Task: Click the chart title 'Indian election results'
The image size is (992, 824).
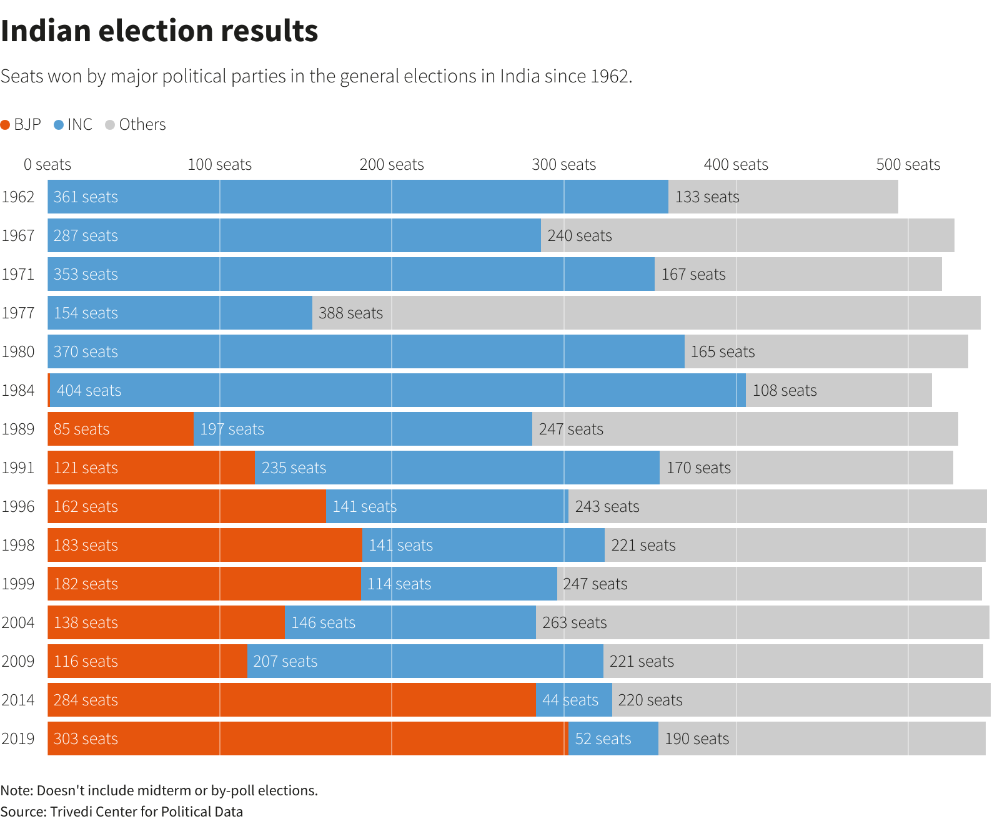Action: [159, 31]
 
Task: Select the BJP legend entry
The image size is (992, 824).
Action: [21, 124]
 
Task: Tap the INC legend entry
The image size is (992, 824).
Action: [74, 124]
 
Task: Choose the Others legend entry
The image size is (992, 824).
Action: [136, 124]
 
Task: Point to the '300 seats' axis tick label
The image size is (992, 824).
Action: [563, 164]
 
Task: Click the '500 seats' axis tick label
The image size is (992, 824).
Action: [908, 164]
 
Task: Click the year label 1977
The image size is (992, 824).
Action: [18, 313]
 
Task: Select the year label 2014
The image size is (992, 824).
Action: [18, 700]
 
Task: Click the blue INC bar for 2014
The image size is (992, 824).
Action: [573, 700]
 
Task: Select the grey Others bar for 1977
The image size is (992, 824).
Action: [681, 313]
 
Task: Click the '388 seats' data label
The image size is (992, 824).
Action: [350, 313]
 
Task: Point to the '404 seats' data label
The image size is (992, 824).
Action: [89, 390]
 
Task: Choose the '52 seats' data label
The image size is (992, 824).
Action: [603, 738]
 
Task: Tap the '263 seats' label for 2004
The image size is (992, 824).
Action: [574, 622]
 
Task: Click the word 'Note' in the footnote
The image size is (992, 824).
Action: [16, 790]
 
